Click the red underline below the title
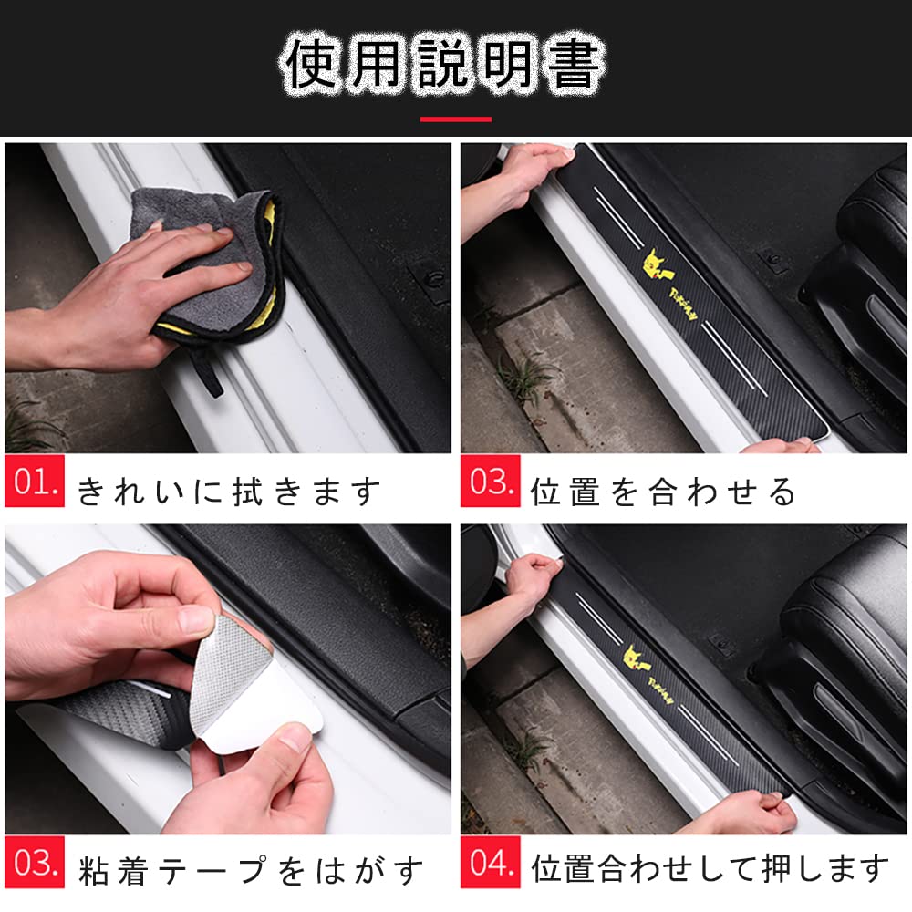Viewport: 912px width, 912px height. coord(455,119)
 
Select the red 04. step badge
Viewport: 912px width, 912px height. coord(491,862)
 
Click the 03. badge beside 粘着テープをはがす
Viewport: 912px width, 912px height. coord(35,862)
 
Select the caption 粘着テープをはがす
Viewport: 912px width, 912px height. coord(251,868)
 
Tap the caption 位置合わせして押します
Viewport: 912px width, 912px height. coord(710,866)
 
